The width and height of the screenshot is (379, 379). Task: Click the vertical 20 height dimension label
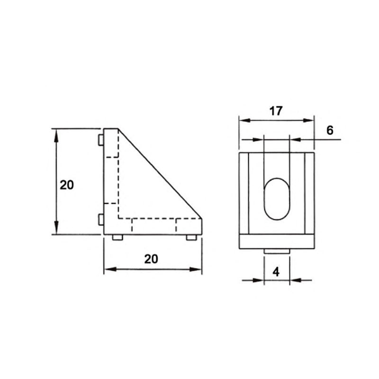tap(67, 185)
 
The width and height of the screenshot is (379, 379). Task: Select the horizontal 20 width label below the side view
tap(151, 259)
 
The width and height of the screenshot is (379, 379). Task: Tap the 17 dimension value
tap(276, 111)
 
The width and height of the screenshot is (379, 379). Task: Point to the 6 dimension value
tap(330, 130)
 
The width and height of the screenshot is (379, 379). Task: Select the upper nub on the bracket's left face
tap(100, 140)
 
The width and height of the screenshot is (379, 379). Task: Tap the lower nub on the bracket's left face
tap(100, 219)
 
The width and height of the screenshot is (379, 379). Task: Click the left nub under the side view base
tap(117, 237)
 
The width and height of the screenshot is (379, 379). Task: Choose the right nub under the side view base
tap(191, 237)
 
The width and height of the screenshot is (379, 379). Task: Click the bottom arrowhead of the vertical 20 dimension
tap(56, 228)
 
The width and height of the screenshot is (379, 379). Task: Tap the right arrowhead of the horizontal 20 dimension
tap(196, 270)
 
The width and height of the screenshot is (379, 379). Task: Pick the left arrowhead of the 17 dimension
tap(244, 120)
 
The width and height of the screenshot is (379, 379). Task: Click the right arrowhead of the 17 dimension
tap(308, 120)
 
